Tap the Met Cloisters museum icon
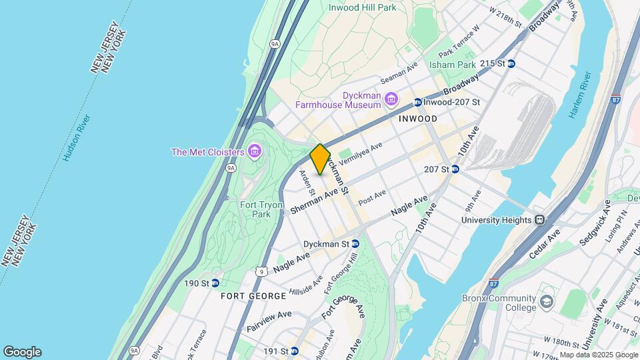click(253, 152)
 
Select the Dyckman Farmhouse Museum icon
click(391, 99)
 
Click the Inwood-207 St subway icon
click(417, 102)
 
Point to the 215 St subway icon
click(511, 63)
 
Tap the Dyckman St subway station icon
click(355, 244)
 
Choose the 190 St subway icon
click(215, 283)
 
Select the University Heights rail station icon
click(539, 220)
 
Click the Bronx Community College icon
click(547, 302)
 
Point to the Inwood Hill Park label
click(362, 7)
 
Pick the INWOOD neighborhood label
click(417, 119)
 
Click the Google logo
click(22, 352)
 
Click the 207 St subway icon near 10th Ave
click(455, 169)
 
